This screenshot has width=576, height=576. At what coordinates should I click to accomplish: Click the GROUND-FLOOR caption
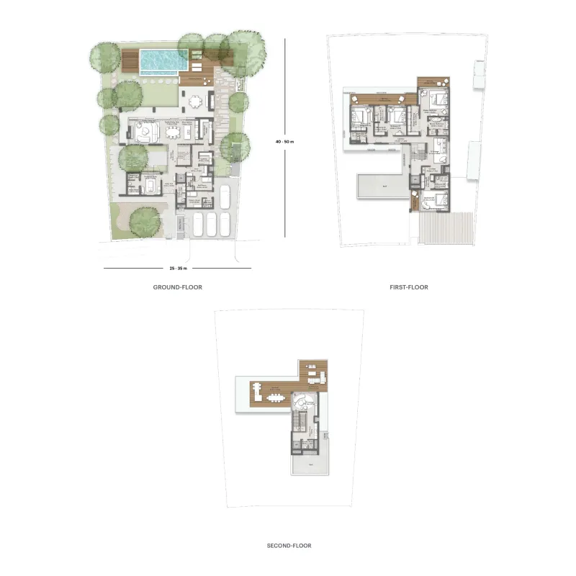pyautogui.click(x=177, y=287)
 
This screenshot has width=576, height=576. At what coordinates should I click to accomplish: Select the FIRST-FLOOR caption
pyautogui.click(x=408, y=287)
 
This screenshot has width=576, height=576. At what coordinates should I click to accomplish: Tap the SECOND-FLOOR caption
pyautogui.click(x=289, y=546)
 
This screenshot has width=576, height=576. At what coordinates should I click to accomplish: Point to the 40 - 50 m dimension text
pyautogui.click(x=285, y=141)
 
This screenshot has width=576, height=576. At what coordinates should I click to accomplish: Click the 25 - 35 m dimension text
pyautogui.click(x=178, y=269)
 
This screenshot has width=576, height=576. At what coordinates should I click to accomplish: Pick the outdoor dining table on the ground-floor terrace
pyautogui.click(x=196, y=102)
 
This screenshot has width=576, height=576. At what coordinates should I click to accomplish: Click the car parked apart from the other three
pyautogui.click(x=224, y=196)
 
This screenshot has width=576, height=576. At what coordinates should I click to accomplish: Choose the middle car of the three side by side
pyautogui.click(x=211, y=224)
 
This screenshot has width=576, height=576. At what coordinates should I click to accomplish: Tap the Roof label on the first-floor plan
pyautogui.click(x=384, y=185)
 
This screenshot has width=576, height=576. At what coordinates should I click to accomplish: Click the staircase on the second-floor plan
pyautogui.click(x=302, y=420)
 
